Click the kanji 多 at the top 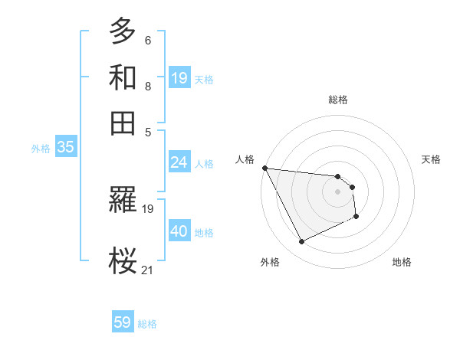pos(123,31)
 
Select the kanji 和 pos(123,77)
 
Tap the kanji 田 pos(123,123)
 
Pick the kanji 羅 pos(123,201)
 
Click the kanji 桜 pos(123,259)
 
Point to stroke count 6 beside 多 pos(148,40)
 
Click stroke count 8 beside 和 pos(148,86)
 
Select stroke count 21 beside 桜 pos(148,269)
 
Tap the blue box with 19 pos(179,78)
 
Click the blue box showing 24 pos(179,162)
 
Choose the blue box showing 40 pos(179,231)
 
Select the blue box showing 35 pos(65,148)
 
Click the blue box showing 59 pos(123,322)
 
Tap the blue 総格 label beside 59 pos(148,324)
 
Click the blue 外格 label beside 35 pos(41,149)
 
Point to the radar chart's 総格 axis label pos(338,100)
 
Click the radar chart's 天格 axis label pos(432,159)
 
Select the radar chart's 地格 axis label pos(402,262)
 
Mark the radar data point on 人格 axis pos(264,168)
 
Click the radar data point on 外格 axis pos(301,242)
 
